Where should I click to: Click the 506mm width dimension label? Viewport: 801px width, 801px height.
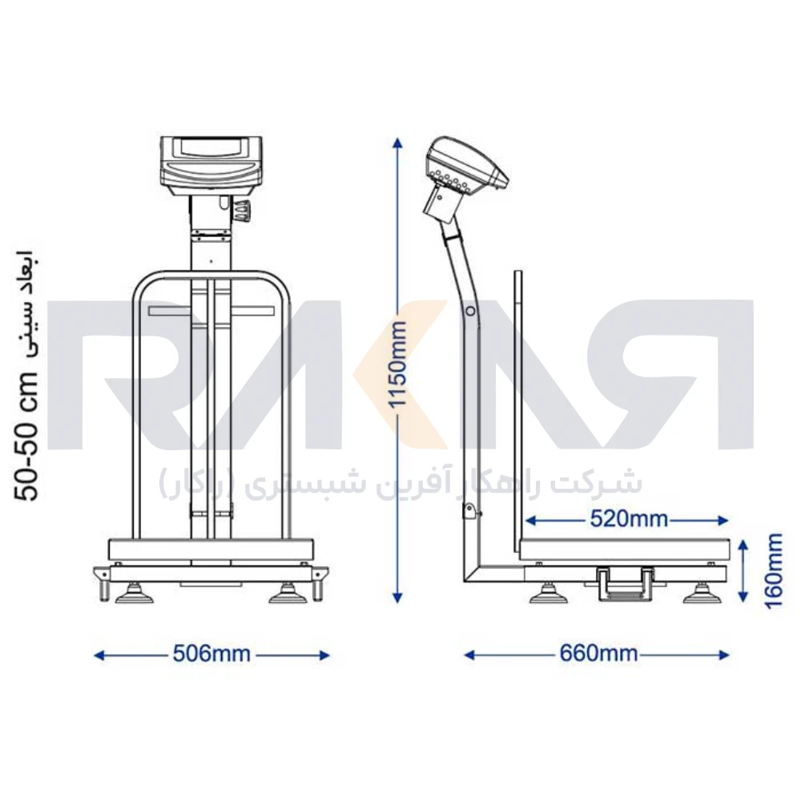211,654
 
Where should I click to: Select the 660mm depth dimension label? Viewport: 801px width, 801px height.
598,654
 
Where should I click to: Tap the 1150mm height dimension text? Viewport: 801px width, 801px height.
398,364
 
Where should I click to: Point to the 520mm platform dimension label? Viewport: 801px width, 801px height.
629,519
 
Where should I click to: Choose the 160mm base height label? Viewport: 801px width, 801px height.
775,570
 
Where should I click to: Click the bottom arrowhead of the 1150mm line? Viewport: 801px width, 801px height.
397,598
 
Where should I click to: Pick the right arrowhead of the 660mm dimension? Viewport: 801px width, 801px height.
723,655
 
